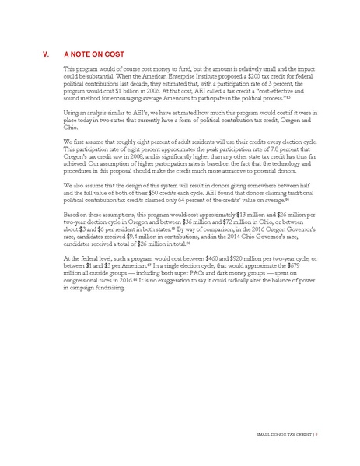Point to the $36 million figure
pos(191,219)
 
